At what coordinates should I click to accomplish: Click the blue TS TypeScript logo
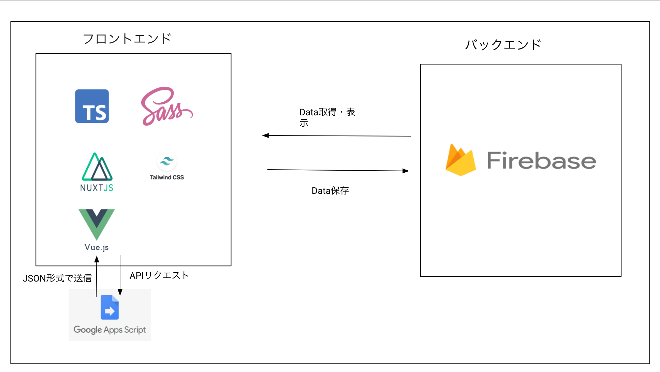(92, 106)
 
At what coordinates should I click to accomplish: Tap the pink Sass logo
(166, 106)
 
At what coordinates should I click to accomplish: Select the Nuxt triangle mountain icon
(97, 167)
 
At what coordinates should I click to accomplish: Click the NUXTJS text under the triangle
(97, 188)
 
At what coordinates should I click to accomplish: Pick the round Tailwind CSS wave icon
(167, 161)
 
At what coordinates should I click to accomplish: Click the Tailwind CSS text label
(167, 177)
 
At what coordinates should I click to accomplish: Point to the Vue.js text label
(97, 247)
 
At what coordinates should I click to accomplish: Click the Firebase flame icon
(460, 160)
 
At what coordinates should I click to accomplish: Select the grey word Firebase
(541, 161)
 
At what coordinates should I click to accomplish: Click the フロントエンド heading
(127, 39)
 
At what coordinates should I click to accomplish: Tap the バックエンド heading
(503, 45)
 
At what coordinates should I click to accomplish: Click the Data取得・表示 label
(327, 117)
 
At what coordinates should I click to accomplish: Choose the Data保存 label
(330, 190)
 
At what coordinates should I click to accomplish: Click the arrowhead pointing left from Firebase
(266, 135)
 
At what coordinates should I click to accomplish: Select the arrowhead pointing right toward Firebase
(406, 171)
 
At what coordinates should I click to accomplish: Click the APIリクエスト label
(159, 275)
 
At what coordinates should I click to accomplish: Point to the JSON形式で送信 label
(57, 278)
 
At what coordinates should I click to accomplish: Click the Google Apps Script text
(109, 330)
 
